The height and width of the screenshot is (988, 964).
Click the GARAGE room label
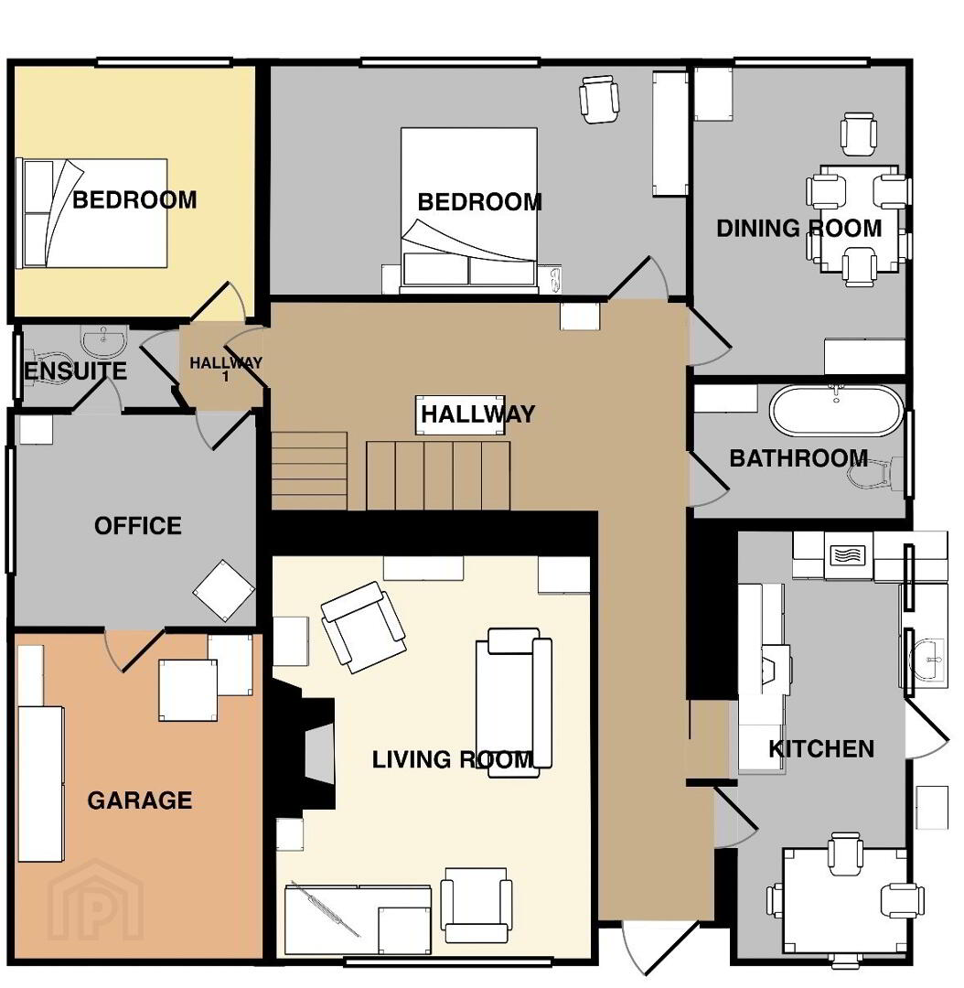tap(139, 800)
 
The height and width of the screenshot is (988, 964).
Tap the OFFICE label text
tap(138, 525)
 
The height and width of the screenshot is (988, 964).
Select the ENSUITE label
tap(75, 370)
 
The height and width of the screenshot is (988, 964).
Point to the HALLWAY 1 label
tap(226, 370)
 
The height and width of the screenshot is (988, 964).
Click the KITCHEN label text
tap(821, 748)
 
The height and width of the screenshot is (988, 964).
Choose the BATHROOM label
tap(798, 458)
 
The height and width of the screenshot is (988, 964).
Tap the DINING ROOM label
tap(799, 228)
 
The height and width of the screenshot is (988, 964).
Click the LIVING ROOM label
tap(453, 759)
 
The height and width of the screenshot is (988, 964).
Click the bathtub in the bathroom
tap(836, 410)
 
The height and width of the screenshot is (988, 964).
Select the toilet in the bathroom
tap(877, 474)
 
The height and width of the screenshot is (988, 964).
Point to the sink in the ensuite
tap(104, 342)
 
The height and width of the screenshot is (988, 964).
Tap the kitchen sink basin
tap(928, 660)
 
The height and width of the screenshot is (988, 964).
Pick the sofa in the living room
tap(514, 703)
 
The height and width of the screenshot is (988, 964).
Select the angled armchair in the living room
tap(363, 627)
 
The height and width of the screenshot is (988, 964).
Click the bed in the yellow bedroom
tap(92, 213)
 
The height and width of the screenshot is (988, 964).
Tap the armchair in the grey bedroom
tap(598, 99)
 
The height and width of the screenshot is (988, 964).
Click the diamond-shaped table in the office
tap(224, 591)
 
